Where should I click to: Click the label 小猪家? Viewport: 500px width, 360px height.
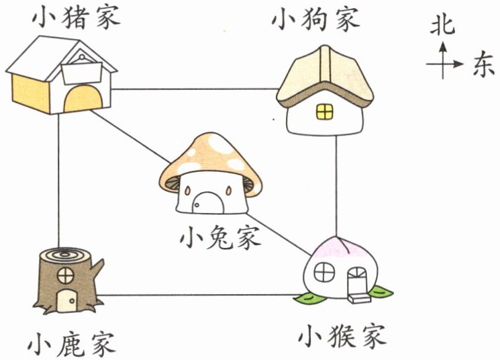pyautogui.click(x=77, y=18)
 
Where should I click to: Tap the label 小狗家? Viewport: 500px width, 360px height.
pyautogui.click(x=316, y=19)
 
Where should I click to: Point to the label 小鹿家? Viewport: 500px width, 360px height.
pyautogui.click(x=71, y=345)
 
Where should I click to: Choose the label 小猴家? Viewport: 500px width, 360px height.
pyautogui.click(x=342, y=336)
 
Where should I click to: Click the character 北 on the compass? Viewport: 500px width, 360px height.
pyautogui.click(x=442, y=25)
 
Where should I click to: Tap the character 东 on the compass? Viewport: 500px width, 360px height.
pyautogui.click(x=483, y=64)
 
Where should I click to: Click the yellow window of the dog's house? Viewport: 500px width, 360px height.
pyautogui.click(x=325, y=111)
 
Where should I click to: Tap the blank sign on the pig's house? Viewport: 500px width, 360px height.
pyautogui.click(x=82, y=73)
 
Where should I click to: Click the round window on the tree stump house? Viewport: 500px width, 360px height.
pyautogui.click(x=66, y=275)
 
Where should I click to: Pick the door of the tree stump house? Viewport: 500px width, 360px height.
pyautogui.click(x=66, y=301)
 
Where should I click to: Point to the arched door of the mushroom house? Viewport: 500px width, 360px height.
pyautogui.click(x=209, y=202)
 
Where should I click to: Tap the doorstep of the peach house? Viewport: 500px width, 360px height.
pyautogui.click(x=359, y=299)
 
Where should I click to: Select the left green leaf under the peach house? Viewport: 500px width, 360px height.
pyautogui.click(x=309, y=298)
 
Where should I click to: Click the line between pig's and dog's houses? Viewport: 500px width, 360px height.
pyautogui.click(x=195, y=89)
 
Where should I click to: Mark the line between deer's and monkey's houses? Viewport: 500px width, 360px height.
pyautogui.click(x=200, y=295)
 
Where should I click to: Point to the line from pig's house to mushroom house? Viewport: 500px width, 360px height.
pyautogui.click(x=130, y=136)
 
